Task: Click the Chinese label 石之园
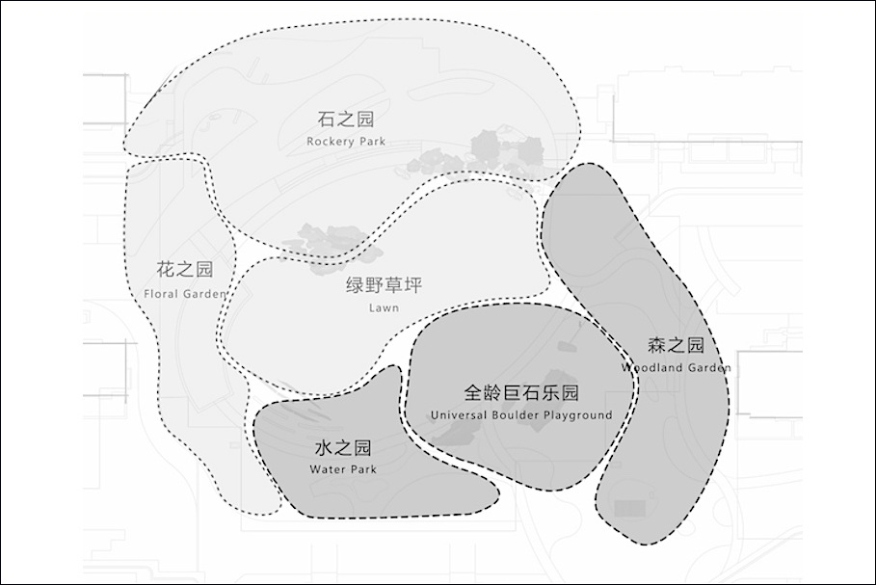click(346, 119)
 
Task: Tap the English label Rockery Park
click(346, 142)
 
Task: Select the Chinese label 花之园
click(185, 269)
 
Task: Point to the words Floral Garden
click(185, 294)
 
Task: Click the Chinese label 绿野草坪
click(384, 285)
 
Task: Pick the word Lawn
click(384, 307)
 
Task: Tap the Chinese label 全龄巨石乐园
click(521, 393)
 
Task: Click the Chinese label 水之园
click(343, 447)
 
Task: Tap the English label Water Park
click(343, 469)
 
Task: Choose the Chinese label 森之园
click(676, 345)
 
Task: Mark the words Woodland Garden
click(676, 367)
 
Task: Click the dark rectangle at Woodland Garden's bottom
click(630, 509)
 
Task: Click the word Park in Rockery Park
click(373, 142)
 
